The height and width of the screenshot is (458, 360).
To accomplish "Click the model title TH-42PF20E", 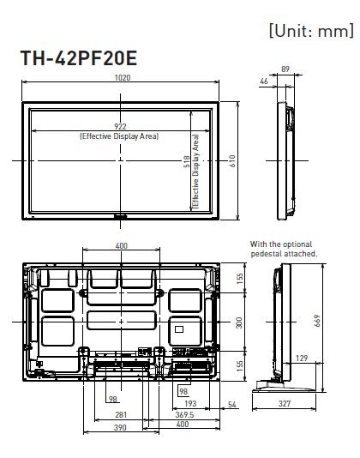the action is click(x=79, y=57).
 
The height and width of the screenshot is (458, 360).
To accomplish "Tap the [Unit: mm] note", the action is click(x=311, y=30).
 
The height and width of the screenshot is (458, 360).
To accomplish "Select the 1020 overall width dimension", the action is click(x=123, y=78).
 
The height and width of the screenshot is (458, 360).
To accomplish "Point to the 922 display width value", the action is click(x=120, y=126).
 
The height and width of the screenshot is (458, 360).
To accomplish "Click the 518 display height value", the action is click(x=186, y=161).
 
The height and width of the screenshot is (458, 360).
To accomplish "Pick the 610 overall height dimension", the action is click(x=232, y=161).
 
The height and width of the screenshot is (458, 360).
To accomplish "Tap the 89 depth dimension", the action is click(x=285, y=69).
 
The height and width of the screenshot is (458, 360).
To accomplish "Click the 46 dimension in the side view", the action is click(x=264, y=81).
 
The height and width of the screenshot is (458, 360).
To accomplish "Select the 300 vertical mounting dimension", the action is click(x=239, y=322).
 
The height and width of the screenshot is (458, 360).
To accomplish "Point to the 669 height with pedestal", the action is click(x=317, y=321).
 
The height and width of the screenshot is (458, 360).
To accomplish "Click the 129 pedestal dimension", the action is click(x=302, y=359).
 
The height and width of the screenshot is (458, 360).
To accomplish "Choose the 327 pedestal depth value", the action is click(x=285, y=403).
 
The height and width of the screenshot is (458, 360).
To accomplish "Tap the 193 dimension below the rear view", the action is click(x=190, y=403).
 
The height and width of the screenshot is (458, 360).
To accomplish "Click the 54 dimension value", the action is click(x=231, y=404).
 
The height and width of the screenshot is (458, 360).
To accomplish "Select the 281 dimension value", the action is click(x=121, y=414).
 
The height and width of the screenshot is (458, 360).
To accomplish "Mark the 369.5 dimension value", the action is click(x=184, y=414).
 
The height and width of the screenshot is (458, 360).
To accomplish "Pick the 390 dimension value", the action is click(x=120, y=427).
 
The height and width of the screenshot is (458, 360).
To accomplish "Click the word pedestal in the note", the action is click(x=266, y=254).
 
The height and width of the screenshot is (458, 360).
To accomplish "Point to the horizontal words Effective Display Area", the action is click(x=119, y=136).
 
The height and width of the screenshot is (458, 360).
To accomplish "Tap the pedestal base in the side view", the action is click(x=284, y=386).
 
